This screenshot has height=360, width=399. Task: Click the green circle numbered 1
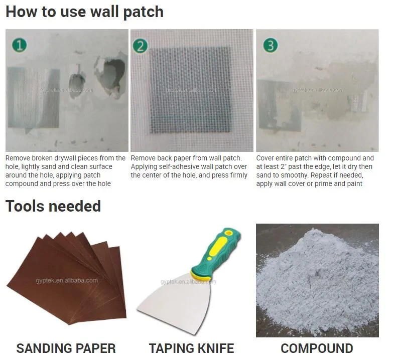(x=20, y=45)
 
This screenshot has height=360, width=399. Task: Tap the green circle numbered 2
(x=140, y=46)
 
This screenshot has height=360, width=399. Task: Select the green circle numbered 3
(x=271, y=45)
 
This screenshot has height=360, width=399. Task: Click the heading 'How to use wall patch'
(x=84, y=12)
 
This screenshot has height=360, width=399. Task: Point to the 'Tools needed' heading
(x=53, y=206)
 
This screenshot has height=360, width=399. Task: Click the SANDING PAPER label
(x=66, y=348)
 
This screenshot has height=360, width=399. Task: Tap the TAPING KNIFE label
(x=191, y=348)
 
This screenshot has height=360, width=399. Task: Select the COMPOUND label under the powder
(x=317, y=348)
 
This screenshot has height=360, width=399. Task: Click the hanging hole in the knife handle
(x=228, y=233)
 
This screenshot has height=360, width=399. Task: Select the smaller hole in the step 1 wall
(x=77, y=81)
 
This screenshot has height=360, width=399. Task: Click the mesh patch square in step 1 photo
(x=34, y=98)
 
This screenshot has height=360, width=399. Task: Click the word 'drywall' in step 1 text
(x=64, y=158)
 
